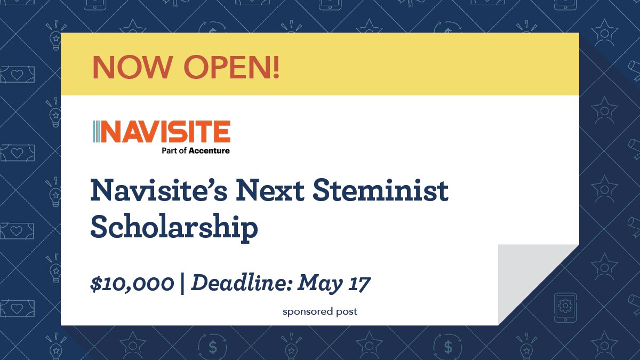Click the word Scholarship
[174, 228]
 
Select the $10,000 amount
[132, 284]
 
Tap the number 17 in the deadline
[358, 283]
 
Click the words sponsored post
[320, 311]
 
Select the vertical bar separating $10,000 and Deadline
[182, 284]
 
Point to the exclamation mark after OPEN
[276, 67]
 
